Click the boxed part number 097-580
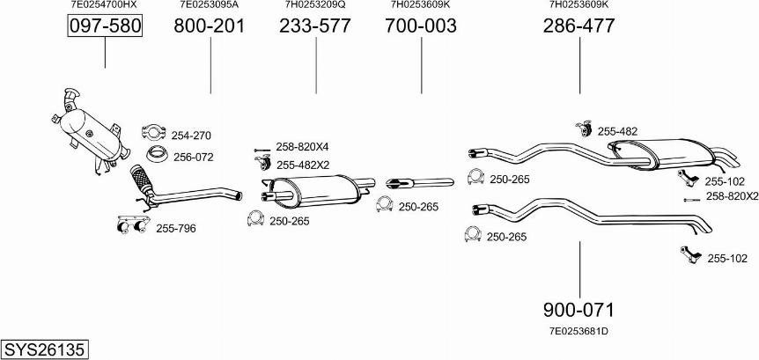105,26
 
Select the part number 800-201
210,26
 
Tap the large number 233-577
315,26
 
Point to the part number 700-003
421,26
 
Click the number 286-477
578,26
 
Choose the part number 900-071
578,309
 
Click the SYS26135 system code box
45,349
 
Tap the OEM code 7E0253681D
578,332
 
